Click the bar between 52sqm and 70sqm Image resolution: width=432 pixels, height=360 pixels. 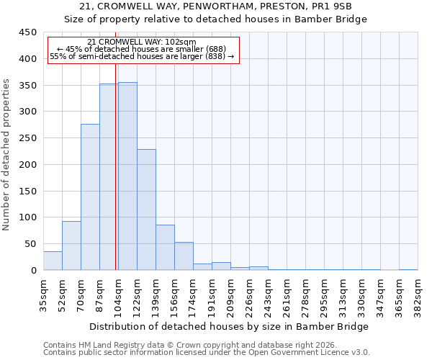(71, 246)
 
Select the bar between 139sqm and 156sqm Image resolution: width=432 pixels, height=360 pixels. (165, 248)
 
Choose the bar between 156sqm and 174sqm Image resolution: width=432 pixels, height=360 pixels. (184, 256)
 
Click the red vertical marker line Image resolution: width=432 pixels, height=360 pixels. (116, 166)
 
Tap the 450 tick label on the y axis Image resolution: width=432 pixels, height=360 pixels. (28, 32)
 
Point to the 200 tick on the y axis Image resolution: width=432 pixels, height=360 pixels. (28, 165)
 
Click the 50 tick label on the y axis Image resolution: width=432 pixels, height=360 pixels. (31, 244)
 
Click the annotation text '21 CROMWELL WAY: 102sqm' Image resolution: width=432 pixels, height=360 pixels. (140, 42)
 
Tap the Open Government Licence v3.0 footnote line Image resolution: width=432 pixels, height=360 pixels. (207, 353)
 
